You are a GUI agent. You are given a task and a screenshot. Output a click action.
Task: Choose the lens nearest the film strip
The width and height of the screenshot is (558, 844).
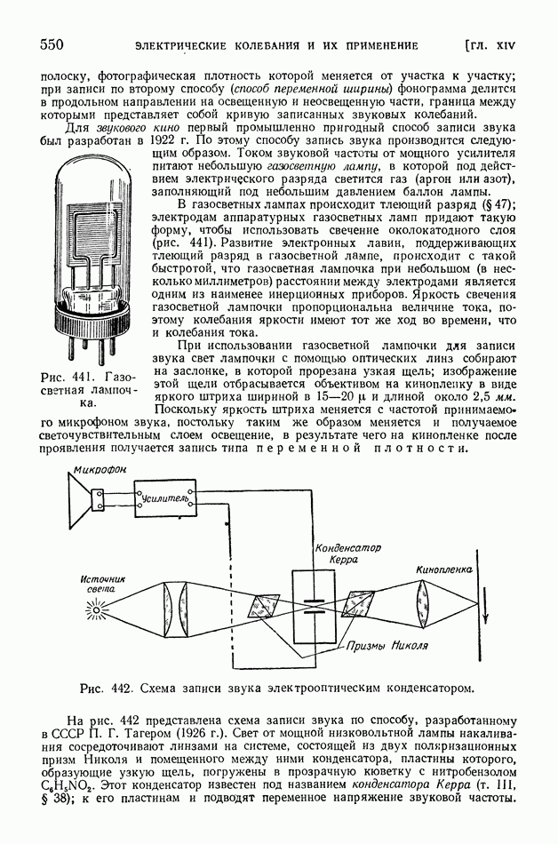tap(423, 609)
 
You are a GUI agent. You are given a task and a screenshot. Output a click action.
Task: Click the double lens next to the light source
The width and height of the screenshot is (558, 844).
tap(174, 609)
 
